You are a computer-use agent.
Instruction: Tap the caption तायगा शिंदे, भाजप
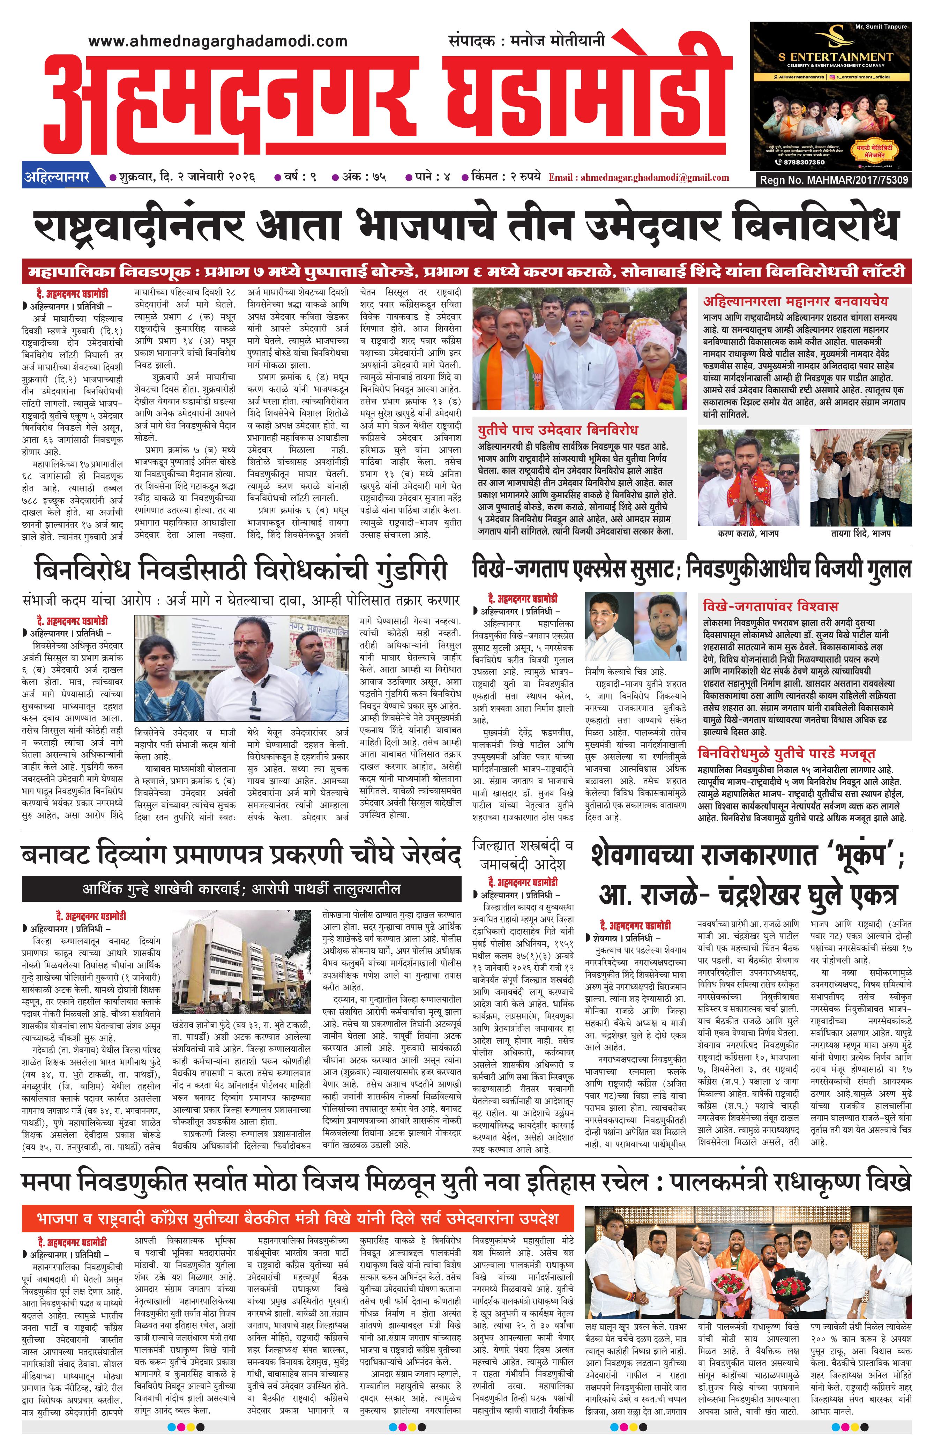861,533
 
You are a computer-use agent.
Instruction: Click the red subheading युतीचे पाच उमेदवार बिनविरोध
558,430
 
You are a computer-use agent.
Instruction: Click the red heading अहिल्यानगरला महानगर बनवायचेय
795,301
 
